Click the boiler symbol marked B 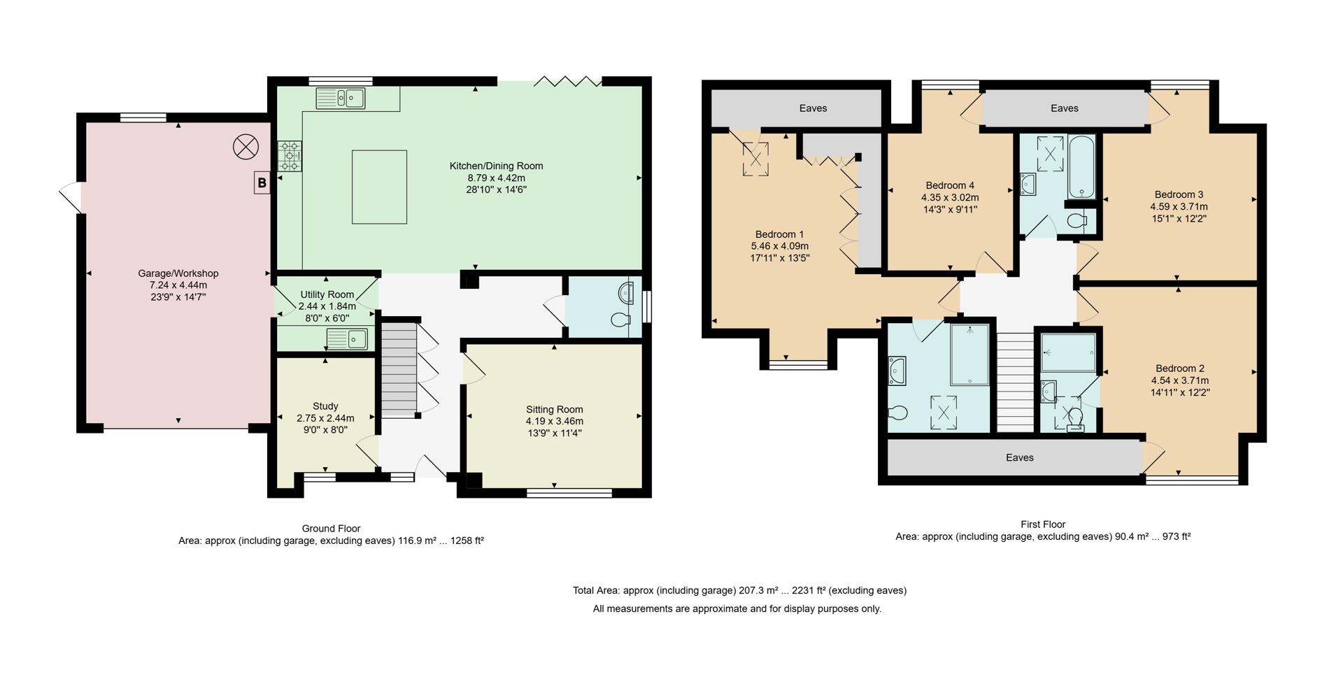click(x=262, y=183)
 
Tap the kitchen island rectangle click(x=379, y=187)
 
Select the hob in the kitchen click(x=290, y=156)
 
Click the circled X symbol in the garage click(x=246, y=147)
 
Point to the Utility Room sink click(x=346, y=339)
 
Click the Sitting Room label click(x=555, y=409)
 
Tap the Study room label click(x=325, y=406)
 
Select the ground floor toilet click(x=620, y=320)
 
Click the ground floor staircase click(x=399, y=368)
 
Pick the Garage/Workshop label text click(x=178, y=273)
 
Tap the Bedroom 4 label click(x=950, y=185)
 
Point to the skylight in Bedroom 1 click(x=755, y=159)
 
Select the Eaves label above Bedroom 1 click(x=813, y=108)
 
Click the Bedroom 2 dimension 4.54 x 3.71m click(x=1180, y=380)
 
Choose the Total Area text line click(x=739, y=590)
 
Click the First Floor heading click(x=1043, y=524)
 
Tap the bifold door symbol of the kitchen click(x=567, y=81)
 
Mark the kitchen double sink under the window click(x=340, y=99)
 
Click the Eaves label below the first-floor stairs click(x=1019, y=457)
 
